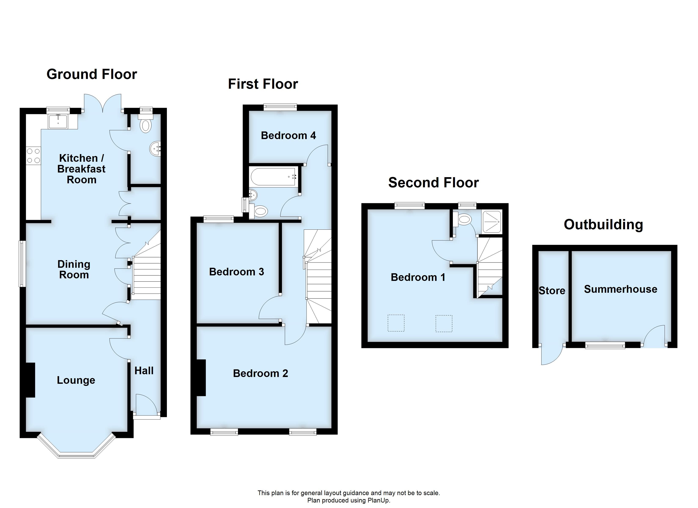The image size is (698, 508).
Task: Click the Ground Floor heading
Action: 92,75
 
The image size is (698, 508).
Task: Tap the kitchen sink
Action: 58,121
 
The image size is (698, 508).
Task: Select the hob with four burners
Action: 33,156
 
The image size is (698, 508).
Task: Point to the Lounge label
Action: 76,380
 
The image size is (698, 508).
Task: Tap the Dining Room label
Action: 74,269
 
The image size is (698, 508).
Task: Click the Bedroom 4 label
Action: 288,135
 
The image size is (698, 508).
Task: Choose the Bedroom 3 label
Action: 236,272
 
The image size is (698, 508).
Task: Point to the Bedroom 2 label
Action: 260,373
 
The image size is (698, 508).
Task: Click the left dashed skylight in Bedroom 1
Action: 396,323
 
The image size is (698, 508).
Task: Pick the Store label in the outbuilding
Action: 552,290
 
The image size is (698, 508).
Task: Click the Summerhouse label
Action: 620,289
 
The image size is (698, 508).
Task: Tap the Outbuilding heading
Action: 603,225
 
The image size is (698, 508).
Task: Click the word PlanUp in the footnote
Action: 379,501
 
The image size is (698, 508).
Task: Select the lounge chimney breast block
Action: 30,380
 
